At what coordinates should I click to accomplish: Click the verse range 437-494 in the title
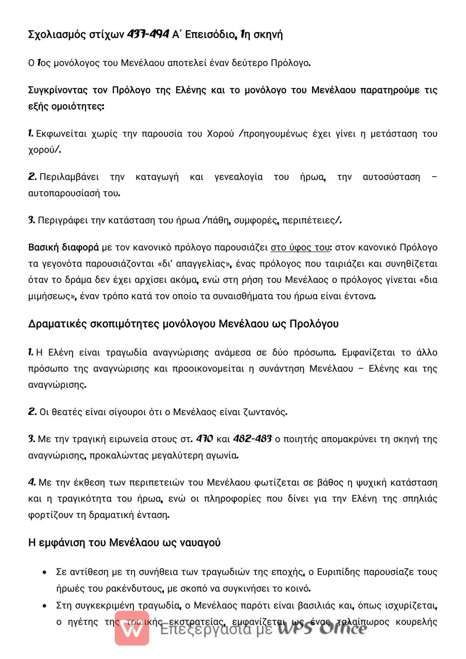click(148, 35)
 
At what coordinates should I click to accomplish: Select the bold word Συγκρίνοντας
click(59, 90)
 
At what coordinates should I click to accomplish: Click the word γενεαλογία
click(238, 177)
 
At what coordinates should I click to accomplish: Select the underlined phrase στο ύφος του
click(299, 247)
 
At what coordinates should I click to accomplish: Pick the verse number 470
click(204, 439)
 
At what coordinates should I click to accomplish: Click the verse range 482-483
click(252, 439)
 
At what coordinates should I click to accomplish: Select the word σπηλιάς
click(419, 499)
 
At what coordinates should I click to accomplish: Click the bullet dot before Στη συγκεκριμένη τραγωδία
click(44, 606)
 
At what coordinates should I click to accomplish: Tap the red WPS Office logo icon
click(132, 629)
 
